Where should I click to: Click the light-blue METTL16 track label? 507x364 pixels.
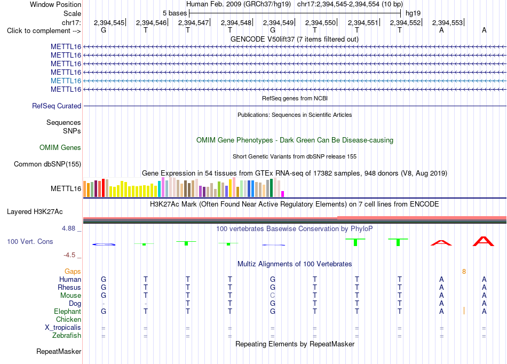pos(66,81)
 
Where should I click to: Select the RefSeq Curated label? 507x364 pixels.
pos(57,106)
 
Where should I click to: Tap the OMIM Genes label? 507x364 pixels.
pos(60,148)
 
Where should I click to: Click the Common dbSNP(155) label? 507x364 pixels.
pos(47,164)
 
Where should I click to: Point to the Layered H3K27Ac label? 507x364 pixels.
pos(35,212)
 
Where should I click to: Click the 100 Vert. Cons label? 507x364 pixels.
pos(30,241)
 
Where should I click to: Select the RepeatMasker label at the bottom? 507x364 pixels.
pos(59,351)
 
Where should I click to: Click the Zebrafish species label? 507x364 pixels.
pos(67,336)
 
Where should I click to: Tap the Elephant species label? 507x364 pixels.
pos(68,312)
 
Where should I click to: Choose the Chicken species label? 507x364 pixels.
pos(68,319)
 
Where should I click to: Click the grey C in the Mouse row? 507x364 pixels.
pos(273,296)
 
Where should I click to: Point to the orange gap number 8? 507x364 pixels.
pos(464,272)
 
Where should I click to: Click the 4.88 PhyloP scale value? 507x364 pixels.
pos(68,228)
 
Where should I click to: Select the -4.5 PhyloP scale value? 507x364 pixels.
pos(69,255)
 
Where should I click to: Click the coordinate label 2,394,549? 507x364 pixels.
pos(278,22)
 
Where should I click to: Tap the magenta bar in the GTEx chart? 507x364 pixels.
pos(283,194)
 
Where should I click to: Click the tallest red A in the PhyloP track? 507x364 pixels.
pos(484,241)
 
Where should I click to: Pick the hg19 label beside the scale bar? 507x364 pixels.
pos(413,13)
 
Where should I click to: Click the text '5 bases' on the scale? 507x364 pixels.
pos(175,13)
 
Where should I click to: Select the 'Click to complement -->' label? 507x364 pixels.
pos(44,31)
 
